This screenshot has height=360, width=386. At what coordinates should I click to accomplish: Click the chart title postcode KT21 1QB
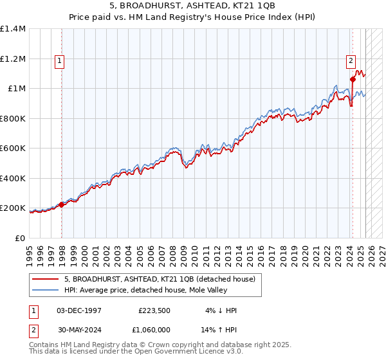click(x=257, y=5)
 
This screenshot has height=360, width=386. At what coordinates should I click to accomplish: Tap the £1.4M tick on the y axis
click(x=13, y=29)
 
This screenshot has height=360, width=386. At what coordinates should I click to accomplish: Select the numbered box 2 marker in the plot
click(x=351, y=61)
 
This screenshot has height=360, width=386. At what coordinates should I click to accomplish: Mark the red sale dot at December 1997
click(x=62, y=205)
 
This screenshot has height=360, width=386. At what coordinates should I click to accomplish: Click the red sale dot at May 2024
click(x=353, y=80)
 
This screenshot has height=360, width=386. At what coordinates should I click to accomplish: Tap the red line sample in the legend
click(x=46, y=279)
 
